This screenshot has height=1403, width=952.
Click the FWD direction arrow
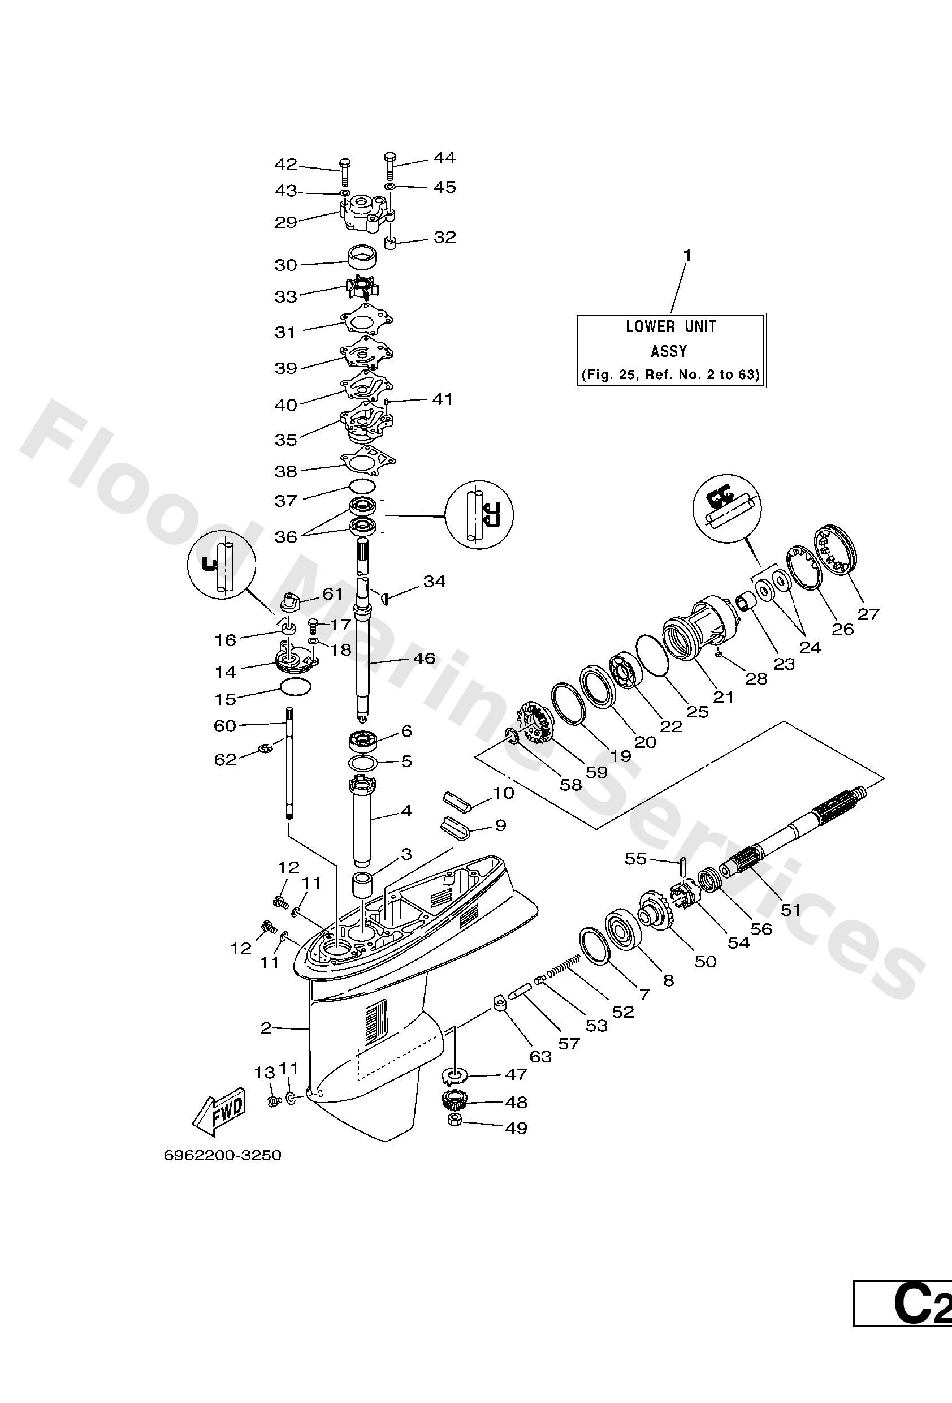click(221, 1112)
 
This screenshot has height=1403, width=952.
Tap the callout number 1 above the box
click(686, 255)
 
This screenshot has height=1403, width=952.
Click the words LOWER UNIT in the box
click(670, 326)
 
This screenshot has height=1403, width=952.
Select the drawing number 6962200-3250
click(223, 1155)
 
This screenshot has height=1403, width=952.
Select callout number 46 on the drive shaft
click(425, 658)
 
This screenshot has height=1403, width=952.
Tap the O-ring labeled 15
click(296, 686)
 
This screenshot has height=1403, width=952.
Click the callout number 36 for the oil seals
click(286, 537)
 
